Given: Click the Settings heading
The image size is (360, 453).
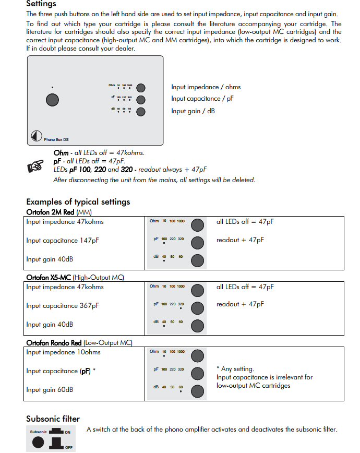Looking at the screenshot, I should click(41, 4).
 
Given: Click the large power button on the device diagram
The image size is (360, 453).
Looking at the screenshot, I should click(52, 100).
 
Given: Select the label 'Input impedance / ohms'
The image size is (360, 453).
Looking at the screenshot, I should click(206, 87).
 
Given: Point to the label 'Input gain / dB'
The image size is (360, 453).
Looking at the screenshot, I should click(193, 111).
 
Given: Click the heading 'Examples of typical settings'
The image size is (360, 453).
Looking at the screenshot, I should click(78, 202).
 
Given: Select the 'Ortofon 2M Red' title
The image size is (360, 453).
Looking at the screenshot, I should click(51, 212).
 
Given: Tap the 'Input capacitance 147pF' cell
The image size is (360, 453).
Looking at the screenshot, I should click(62, 240).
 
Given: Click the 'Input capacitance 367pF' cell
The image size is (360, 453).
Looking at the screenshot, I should click(62, 306).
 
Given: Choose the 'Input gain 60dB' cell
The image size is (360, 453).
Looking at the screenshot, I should click(50, 390).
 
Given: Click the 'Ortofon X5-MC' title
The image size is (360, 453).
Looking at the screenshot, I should click(49, 278).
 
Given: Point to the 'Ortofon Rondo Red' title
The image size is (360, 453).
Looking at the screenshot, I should click(54, 343).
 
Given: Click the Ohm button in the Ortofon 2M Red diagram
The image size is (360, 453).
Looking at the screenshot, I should click(197, 225).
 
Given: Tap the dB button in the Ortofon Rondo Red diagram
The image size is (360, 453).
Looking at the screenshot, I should click(197, 391).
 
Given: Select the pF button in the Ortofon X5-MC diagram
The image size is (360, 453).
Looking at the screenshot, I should click(197, 308).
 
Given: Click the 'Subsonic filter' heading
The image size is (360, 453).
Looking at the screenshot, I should click(53, 419).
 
